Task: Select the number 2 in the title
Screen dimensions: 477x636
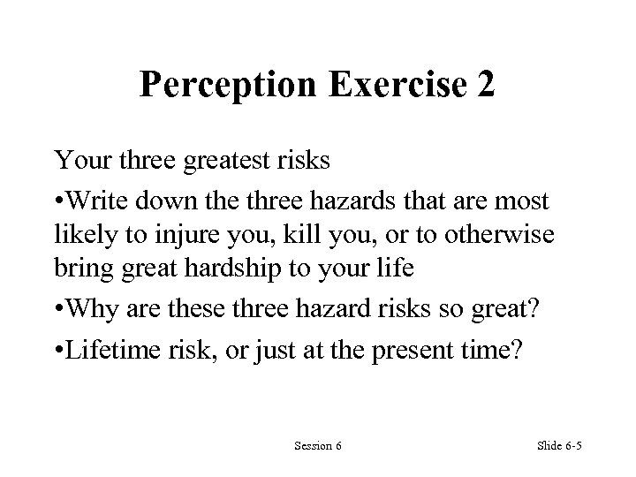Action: point(485,86)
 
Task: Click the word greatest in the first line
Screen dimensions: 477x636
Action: point(246,162)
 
